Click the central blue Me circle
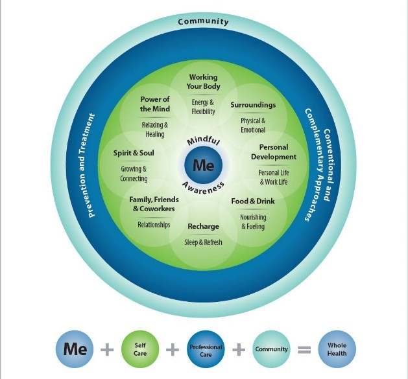204,165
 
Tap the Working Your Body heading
204,82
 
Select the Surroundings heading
253,105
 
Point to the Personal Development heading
274,152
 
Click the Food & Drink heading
253,201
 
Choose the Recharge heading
204,226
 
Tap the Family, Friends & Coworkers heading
154,204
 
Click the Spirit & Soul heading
134,153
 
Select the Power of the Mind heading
155,104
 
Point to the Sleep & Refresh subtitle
204,242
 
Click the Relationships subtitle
154,225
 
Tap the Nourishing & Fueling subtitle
253,222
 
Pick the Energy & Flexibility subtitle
203,107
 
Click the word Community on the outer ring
204,21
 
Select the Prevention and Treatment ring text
87,165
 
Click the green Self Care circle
140,349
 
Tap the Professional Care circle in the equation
206,349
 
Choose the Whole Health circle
337,349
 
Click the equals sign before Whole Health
304,350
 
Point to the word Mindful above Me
204,140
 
